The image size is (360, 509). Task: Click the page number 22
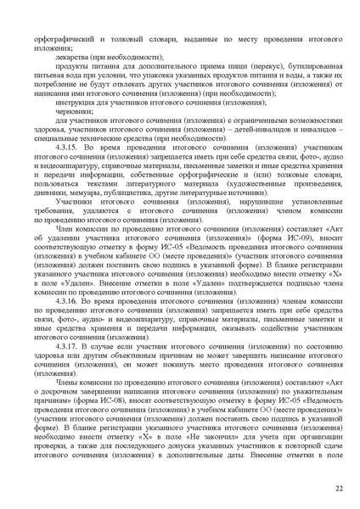point(338,489)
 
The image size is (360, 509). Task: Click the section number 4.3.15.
point(69,148)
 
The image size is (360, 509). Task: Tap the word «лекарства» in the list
point(72,55)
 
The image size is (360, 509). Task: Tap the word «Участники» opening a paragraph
point(76,204)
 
